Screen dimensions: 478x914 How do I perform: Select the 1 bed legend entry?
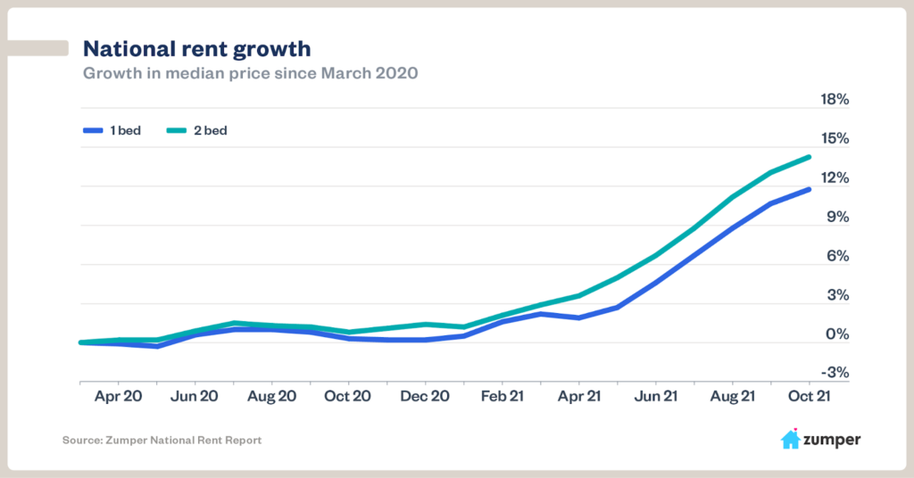click(112, 130)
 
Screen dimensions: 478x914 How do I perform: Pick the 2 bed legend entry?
click(196, 130)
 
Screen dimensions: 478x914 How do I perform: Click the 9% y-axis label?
click(837, 218)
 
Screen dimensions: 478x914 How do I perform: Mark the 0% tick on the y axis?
click(837, 335)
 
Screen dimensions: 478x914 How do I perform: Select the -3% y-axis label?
click(835, 374)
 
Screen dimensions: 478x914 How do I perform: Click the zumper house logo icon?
click(790, 439)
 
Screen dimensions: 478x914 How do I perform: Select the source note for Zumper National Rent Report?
click(162, 441)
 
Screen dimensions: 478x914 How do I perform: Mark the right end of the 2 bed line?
click(809, 157)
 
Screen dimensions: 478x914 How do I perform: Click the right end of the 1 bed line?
click(809, 189)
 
